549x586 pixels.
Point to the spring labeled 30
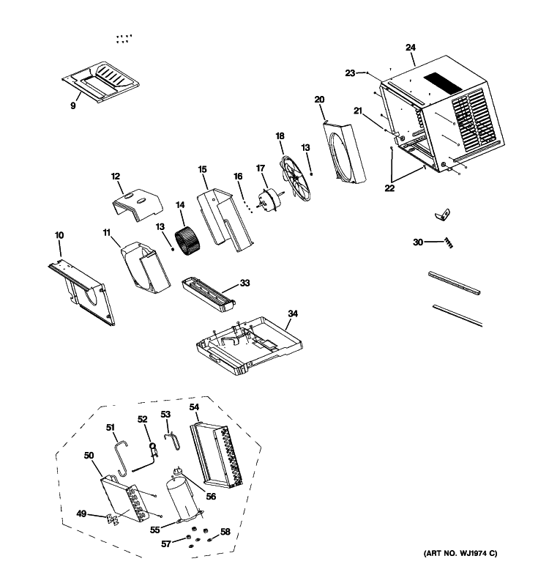coord(449,243)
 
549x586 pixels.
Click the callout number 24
coord(411,48)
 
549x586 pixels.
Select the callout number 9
coord(72,105)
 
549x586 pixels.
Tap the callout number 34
coord(293,314)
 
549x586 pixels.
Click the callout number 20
coord(319,100)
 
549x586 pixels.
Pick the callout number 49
coord(81,514)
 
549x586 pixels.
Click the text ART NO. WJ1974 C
coord(460,554)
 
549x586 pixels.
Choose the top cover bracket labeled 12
coord(137,205)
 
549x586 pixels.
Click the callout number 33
coord(244,283)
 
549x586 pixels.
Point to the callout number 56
coord(211,497)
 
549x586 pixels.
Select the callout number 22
coord(389,188)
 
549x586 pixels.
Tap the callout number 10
coord(59,235)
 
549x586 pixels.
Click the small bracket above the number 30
coord(443,215)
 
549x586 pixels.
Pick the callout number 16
coord(238,177)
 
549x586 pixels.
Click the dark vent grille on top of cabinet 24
coord(443,83)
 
